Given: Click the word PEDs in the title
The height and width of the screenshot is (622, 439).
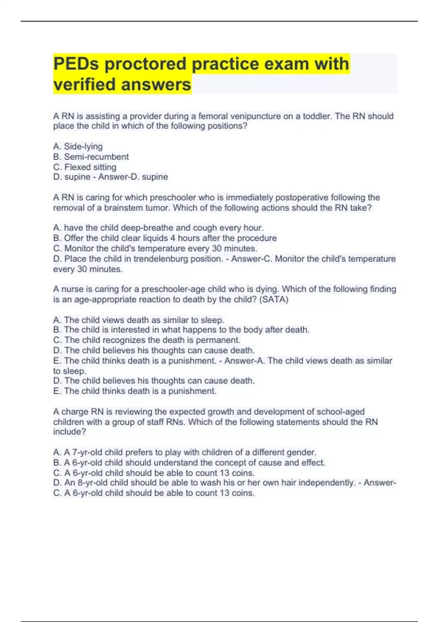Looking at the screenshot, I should coord(76,64).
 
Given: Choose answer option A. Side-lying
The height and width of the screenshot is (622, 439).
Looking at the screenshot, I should coord(78,146).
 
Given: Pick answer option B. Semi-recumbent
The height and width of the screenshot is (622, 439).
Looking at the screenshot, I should coord(91,157).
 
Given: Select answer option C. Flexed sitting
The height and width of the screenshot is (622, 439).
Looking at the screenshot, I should coord(85,167).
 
